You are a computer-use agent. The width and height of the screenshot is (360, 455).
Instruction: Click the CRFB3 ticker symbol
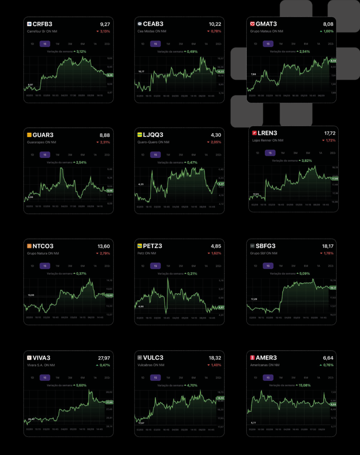pyautogui.click(x=42, y=24)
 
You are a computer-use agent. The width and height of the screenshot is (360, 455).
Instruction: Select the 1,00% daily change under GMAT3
pyautogui.click(x=328, y=32)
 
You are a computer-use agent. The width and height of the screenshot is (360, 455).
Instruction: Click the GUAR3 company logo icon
pyautogui.click(x=29, y=135)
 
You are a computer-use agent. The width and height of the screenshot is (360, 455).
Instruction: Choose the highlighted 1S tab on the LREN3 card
pyautogui.click(x=269, y=153)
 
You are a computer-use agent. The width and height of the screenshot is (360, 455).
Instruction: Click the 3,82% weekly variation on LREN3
pyautogui.click(x=307, y=160)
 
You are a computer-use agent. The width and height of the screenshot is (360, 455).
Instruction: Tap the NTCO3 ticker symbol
pyautogui.click(x=43, y=246)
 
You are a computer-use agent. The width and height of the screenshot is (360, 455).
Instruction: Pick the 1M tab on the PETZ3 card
pyautogui.click(x=168, y=266)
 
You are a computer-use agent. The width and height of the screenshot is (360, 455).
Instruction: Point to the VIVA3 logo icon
pyautogui.click(x=29, y=358)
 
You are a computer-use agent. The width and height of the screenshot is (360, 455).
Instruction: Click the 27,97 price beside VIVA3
pyautogui.click(x=103, y=358)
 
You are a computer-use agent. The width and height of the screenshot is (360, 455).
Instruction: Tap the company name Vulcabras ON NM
pyautogui.click(x=153, y=365)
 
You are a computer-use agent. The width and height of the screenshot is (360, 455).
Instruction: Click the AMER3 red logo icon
pyautogui.click(x=253, y=358)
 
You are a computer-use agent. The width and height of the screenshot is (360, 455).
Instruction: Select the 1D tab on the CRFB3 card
pyautogui.click(x=32, y=44)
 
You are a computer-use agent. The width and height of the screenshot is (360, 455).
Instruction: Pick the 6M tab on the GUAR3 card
pyautogui.click(x=83, y=155)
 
